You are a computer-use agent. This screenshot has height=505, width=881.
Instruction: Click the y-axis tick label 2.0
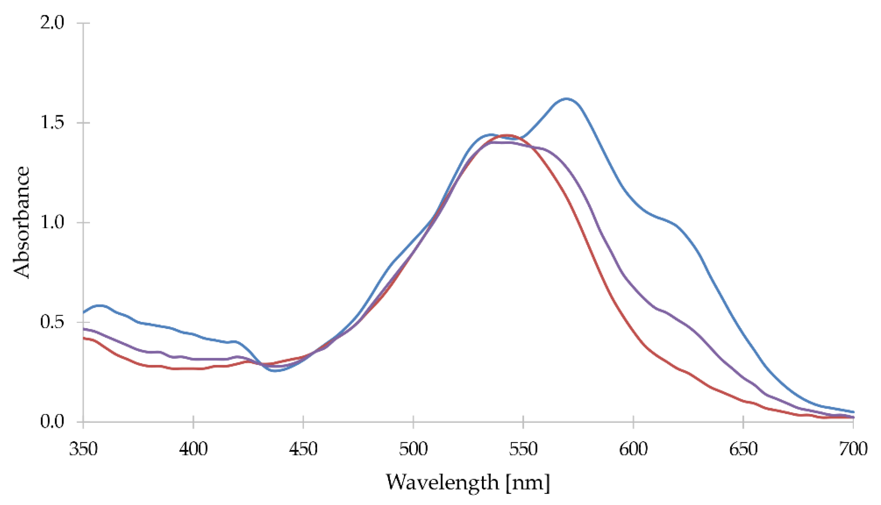(52, 23)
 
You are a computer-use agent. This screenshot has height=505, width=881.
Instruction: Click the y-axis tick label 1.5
(52, 123)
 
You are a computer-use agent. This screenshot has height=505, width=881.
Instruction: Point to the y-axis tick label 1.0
(52, 223)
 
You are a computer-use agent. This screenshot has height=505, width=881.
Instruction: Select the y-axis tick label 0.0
(52, 422)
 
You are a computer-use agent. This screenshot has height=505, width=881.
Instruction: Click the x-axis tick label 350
(83, 449)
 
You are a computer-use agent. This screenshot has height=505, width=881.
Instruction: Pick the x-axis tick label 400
(193, 449)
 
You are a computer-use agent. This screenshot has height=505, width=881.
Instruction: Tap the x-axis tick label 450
(303, 449)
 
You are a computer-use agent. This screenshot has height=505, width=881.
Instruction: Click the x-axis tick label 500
(413, 449)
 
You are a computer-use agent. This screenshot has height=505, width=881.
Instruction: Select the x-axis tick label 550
(523, 449)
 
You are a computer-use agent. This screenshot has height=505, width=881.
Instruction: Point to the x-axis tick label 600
(633, 449)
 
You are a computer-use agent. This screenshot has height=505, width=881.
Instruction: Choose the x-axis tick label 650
(743, 449)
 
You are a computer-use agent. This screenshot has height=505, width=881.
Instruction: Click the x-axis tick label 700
(853, 449)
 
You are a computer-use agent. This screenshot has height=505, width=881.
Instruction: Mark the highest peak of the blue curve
(566, 99)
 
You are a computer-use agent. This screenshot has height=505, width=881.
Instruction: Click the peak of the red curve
(507, 135)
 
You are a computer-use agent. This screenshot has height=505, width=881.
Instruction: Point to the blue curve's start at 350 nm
(84, 313)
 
